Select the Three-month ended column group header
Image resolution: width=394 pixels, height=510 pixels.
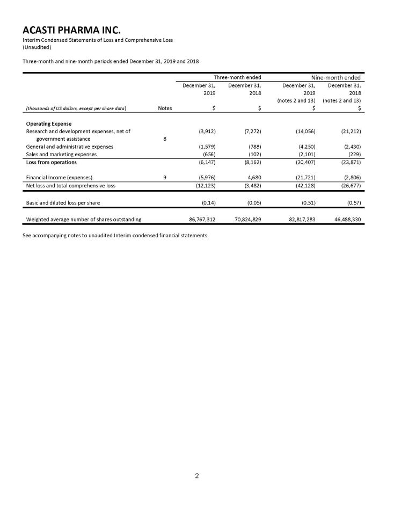(x=230, y=77)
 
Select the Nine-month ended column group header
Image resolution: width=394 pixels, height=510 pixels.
(x=331, y=77)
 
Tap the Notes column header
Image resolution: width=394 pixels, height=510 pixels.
(x=165, y=108)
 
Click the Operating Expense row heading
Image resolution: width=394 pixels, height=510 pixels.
(x=49, y=124)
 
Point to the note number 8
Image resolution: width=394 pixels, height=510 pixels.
(x=165, y=138)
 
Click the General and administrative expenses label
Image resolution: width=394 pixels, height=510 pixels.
(x=70, y=147)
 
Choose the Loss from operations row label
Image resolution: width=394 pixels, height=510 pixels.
(x=52, y=162)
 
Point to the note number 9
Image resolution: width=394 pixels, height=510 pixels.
(x=165, y=177)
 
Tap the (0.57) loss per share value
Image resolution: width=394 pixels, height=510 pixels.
(x=351, y=202)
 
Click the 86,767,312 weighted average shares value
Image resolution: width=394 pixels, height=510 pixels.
(x=199, y=218)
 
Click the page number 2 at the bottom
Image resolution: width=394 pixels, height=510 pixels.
(x=196, y=475)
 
